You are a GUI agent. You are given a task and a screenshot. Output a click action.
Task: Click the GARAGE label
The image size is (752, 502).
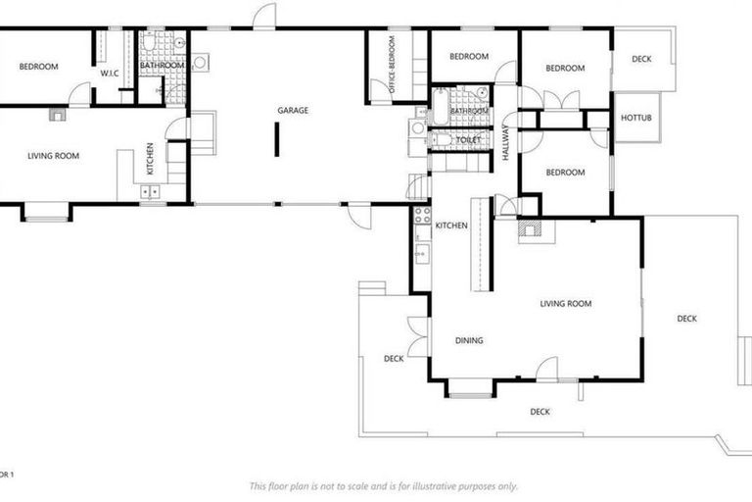coord(293,111)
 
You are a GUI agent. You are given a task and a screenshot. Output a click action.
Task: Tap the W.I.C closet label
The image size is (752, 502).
coord(109,71)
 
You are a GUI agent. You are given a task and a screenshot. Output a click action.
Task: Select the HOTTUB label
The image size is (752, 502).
coord(636,119)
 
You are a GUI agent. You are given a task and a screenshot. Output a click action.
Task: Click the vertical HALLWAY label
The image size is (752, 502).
coord(506,142)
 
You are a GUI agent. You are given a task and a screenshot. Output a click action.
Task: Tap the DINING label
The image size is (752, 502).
coord(469,341)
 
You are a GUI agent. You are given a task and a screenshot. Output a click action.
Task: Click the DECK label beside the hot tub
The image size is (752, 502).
coord(641,59)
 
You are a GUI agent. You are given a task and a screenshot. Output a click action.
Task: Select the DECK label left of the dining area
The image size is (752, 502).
coord(394,359)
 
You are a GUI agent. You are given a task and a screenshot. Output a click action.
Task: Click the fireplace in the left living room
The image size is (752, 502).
coord(57,115)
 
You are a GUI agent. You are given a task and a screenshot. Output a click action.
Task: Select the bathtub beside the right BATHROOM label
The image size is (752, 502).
coord(442,104)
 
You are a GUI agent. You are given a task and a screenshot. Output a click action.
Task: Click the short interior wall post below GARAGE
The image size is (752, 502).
coord(276,141)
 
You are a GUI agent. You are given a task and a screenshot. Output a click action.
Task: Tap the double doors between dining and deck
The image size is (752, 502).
coord(417,337)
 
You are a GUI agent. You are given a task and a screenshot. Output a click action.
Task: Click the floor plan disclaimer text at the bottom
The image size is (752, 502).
coord(383,486)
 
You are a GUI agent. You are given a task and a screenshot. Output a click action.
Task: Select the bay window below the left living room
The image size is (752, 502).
coord(46,211)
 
